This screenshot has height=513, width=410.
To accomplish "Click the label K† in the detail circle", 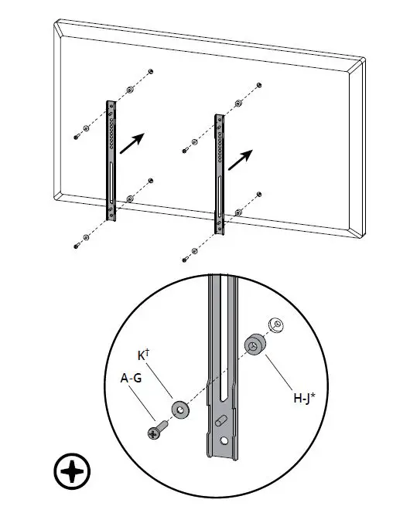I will point(143,357).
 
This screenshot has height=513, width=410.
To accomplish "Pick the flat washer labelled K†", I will point(181,409).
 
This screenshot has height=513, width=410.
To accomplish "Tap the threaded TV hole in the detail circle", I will point(275,324).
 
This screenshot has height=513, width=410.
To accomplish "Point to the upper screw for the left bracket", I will point(76,137).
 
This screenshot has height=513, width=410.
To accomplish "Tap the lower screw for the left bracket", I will point(76,246).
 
